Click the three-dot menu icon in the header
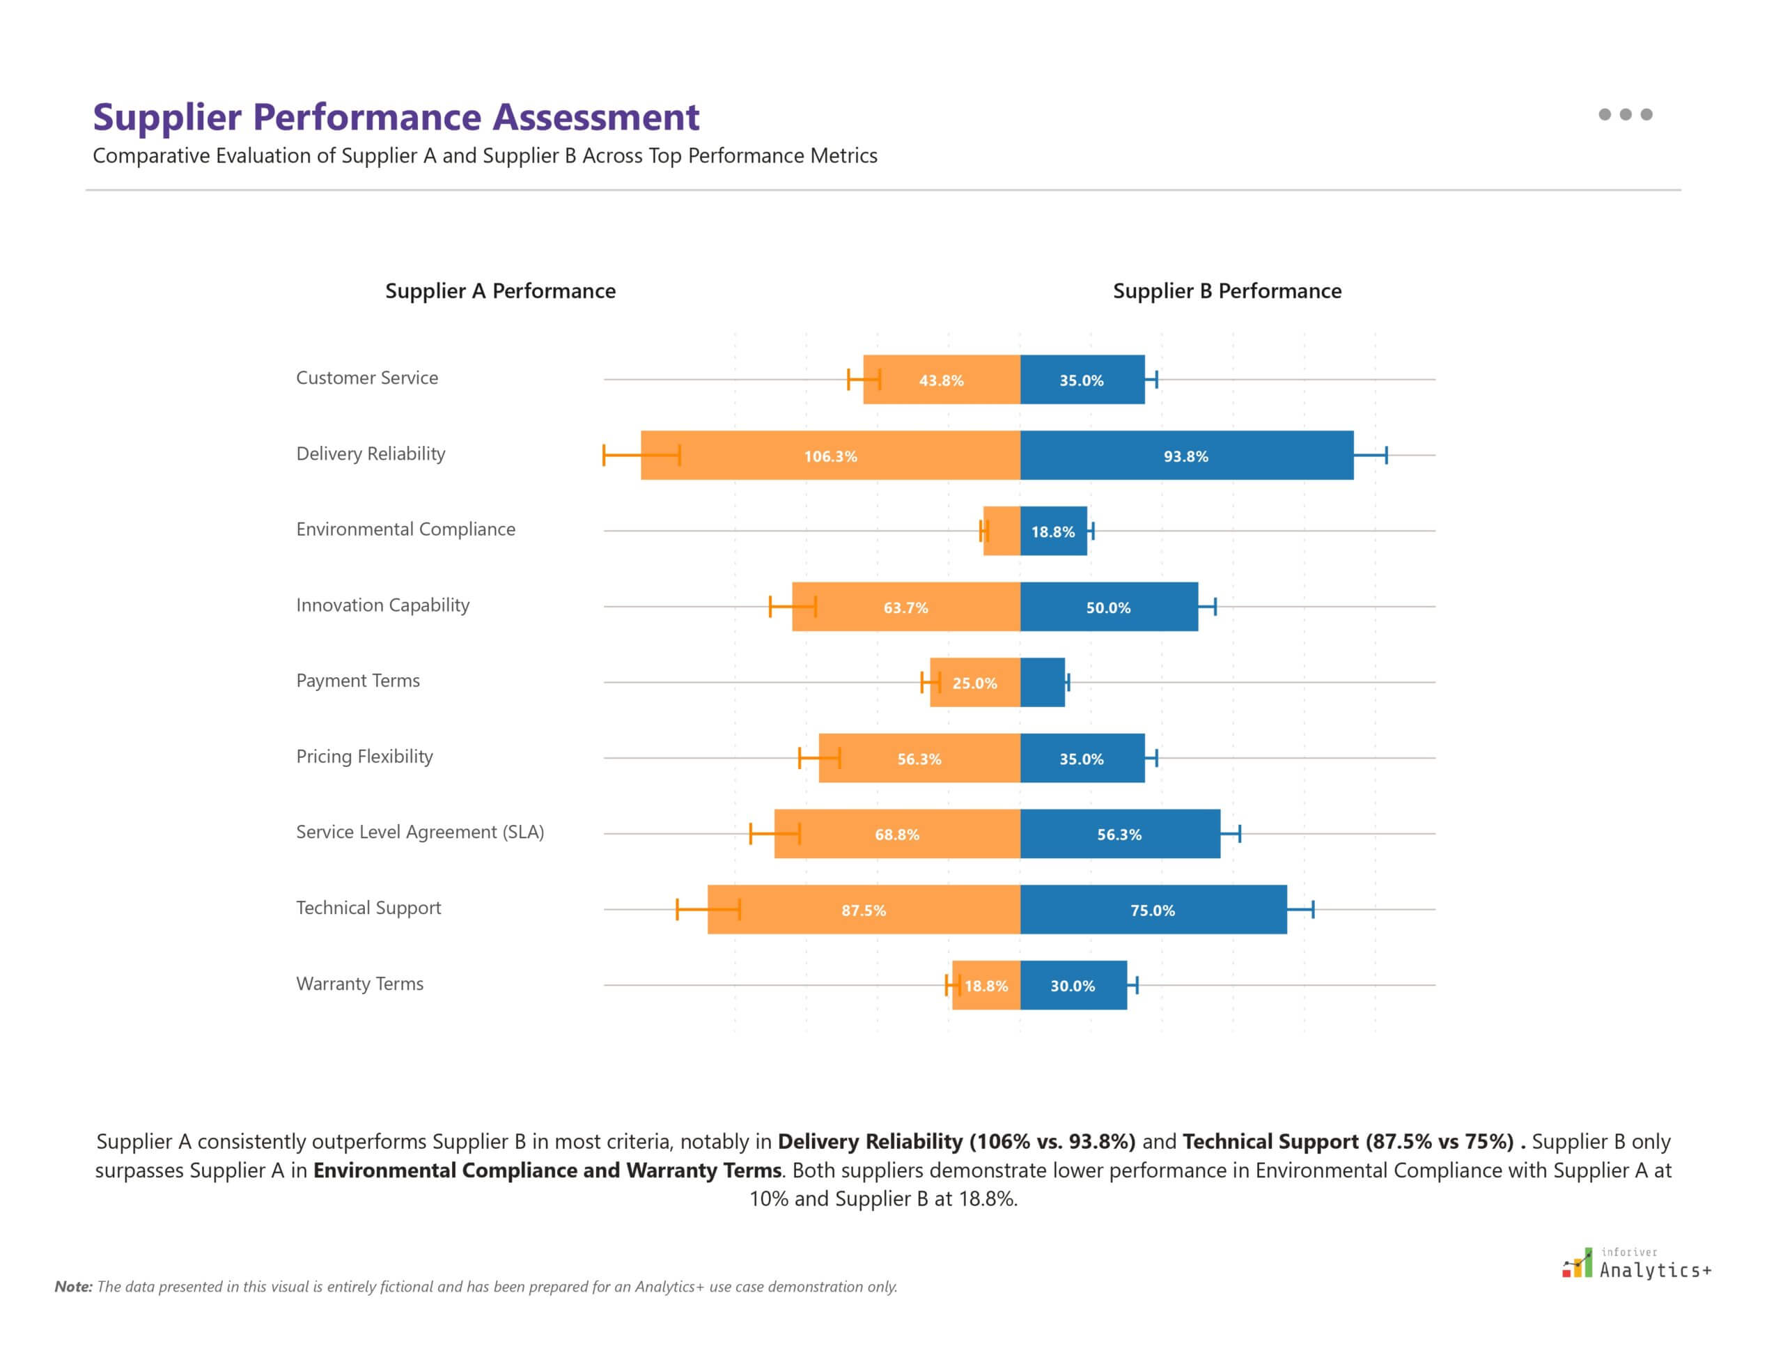tap(1624, 114)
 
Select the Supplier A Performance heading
tap(500, 291)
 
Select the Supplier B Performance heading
tap(1227, 291)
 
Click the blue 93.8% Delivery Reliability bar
tap(1185, 456)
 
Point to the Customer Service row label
tap(367, 378)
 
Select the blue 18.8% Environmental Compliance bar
tap(1052, 532)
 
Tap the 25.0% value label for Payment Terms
tap(974, 683)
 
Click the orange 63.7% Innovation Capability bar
tap(905, 607)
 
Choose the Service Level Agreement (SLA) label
tap(419, 833)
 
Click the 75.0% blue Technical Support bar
tap(1153, 910)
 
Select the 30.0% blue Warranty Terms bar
tap(1073, 986)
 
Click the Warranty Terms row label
tap(359, 984)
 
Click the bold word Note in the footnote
tap(73, 1287)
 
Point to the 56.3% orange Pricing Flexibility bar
tap(919, 759)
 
